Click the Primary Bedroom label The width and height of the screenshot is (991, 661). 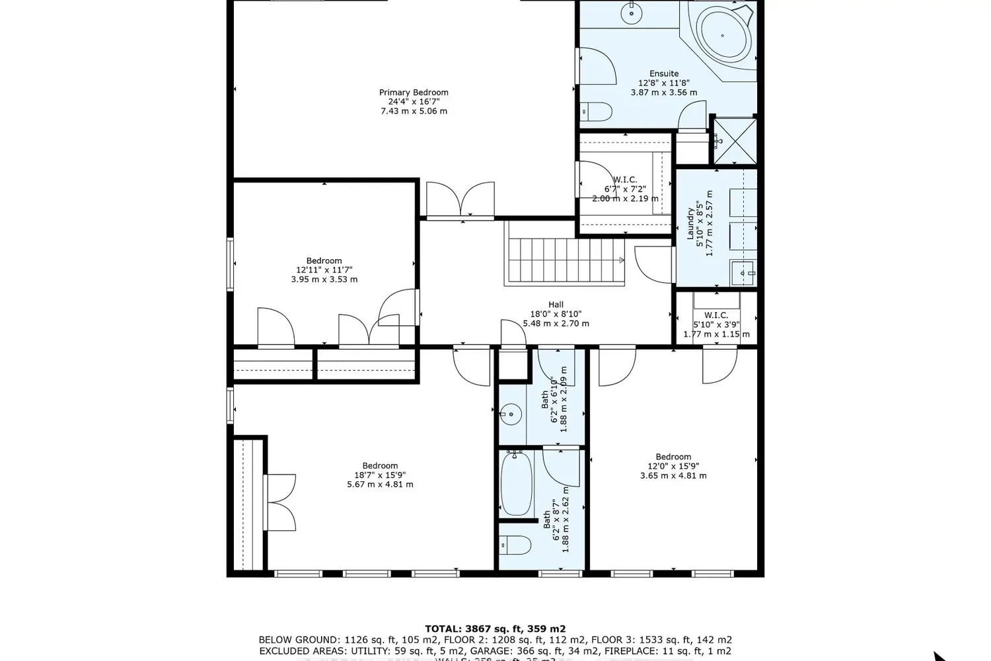click(414, 93)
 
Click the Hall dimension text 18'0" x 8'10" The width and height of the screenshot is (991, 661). click(556, 315)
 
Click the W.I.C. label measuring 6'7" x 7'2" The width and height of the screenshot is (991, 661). click(624, 180)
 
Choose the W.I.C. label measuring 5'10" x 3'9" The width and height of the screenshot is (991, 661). click(716, 315)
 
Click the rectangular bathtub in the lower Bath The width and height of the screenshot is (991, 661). click(516, 485)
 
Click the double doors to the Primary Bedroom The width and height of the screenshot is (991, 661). click(460, 198)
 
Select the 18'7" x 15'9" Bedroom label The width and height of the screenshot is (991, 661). click(380, 465)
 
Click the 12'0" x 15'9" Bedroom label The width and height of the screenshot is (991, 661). click(673, 457)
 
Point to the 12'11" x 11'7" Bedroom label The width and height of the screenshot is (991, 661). click(324, 260)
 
